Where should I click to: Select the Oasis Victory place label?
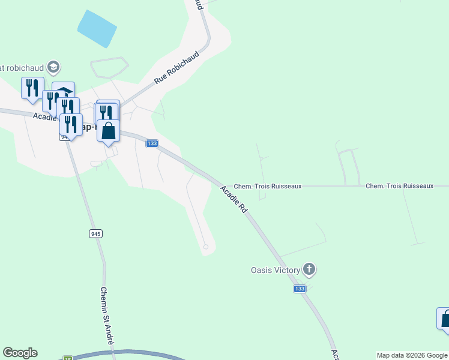(x=275, y=270)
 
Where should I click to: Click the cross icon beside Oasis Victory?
(x=309, y=269)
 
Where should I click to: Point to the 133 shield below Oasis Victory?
(x=300, y=289)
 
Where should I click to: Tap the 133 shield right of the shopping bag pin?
(x=152, y=143)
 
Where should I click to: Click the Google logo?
(x=20, y=353)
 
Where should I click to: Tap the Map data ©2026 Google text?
(x=412, y=355)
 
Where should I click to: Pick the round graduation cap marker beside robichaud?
(x=53, y=66)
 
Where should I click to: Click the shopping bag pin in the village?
(x=108, y=131)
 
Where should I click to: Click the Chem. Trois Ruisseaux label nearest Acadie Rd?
(x=267, y=187)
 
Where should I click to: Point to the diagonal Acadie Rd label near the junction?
(x=234, y=200)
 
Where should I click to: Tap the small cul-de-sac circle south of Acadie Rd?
(x=206, y=247)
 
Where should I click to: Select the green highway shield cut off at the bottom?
(x=68, y=358)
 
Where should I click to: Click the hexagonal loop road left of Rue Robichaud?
(x=109, y=67)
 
